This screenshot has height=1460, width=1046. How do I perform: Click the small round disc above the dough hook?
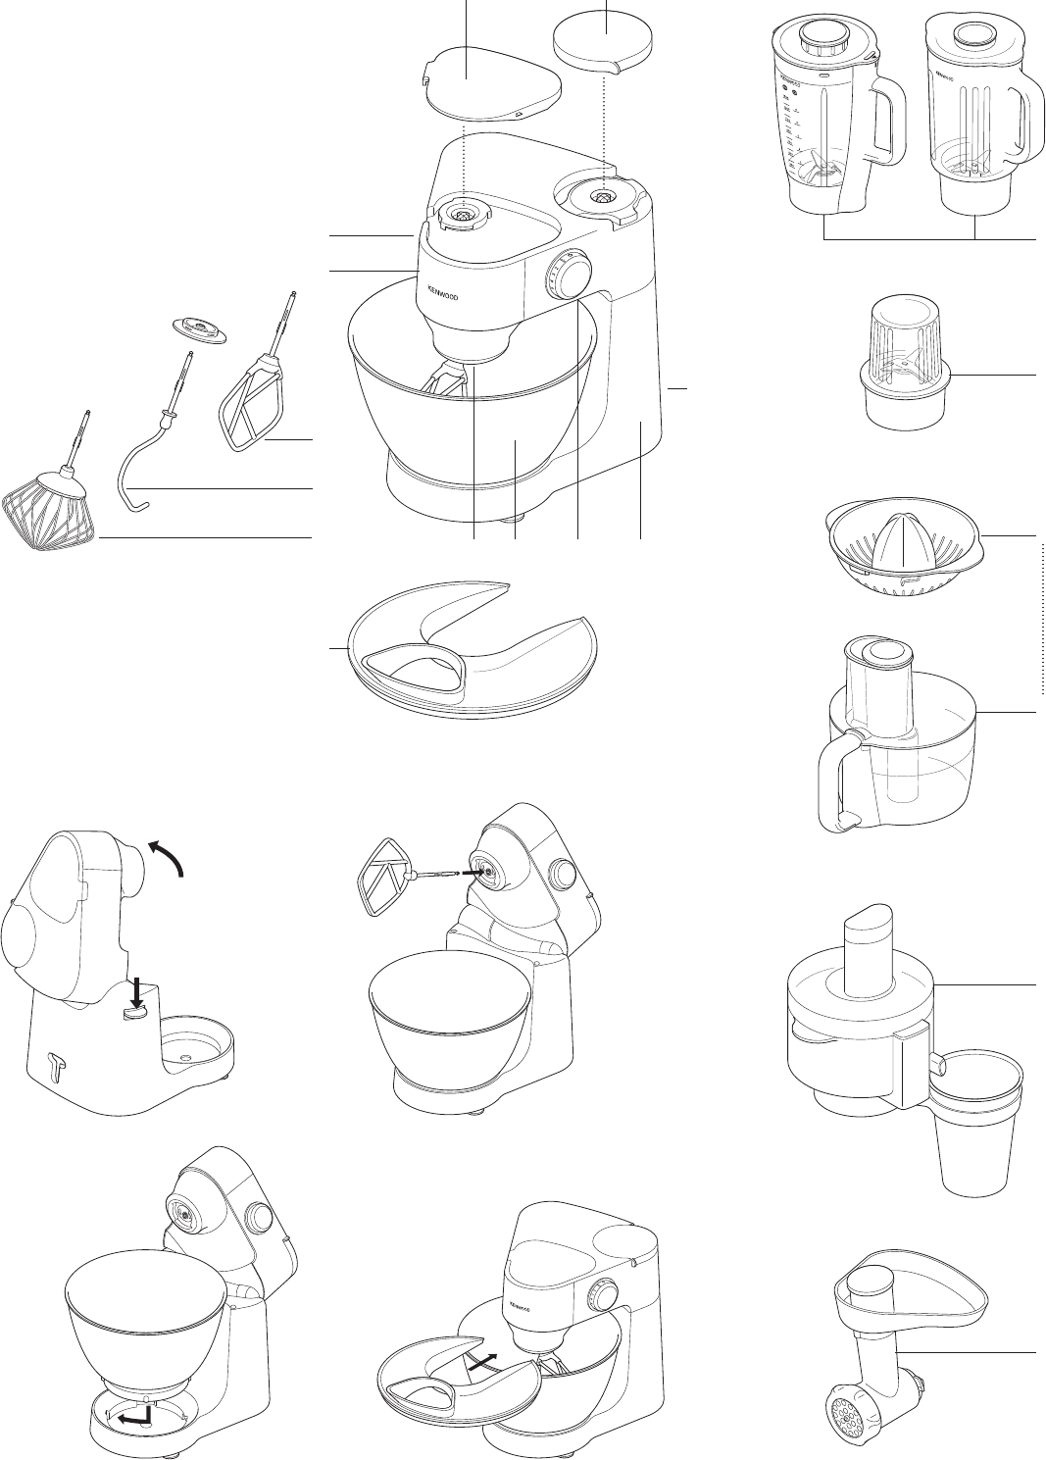coord(197,330)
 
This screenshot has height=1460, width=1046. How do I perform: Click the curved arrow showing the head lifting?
coord(168,852)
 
